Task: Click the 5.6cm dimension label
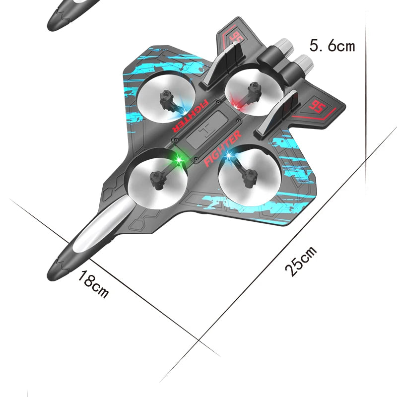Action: click(x=332, y=46)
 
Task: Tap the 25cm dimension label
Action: click(x=301, y=261)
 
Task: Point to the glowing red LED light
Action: click(x=238, y=106)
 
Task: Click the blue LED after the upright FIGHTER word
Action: click(x=228, y=157)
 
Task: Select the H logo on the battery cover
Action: click(x=207, y=130)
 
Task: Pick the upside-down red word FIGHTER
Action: click(x=191, y=115)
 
